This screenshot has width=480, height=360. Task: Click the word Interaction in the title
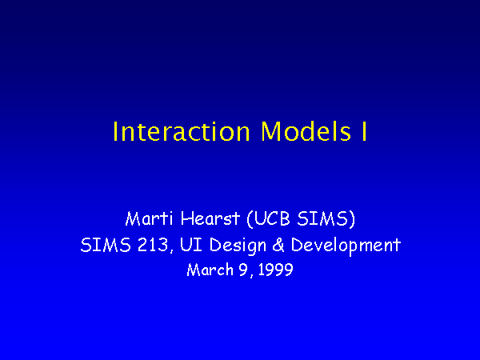coord(182,132)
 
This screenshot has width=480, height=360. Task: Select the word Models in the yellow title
coord(306,131)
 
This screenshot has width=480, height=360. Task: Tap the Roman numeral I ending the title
coord(364,132)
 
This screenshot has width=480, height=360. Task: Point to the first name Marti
coord(149,218)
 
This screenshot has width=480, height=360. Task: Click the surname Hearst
coord(210,218)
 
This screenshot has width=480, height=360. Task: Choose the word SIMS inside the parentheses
coord(322,218)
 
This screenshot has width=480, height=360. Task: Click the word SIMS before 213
coord(106,245)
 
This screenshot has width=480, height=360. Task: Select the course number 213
coord(153,245)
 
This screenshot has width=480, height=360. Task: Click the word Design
coord(238,246)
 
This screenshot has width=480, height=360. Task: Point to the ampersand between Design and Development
coord(278,246)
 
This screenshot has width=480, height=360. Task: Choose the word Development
coord(346,246)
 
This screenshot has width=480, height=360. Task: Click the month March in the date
coord(210,270)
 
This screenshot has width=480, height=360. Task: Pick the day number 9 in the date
coord(242,270)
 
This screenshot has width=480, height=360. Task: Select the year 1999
coord(275,270)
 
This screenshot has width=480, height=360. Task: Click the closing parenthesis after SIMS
coord(352,219)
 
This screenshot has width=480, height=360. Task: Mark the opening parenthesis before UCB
coord(250,219)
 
